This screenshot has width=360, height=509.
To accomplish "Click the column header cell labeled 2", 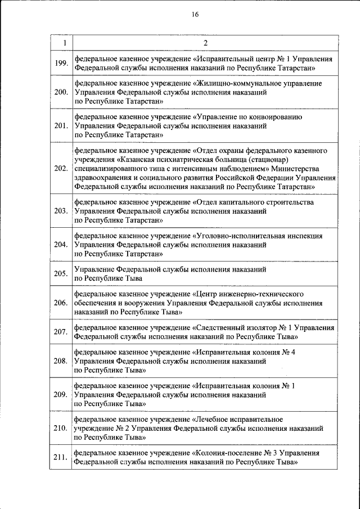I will [205, 43].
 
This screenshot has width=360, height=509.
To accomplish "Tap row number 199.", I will [61, 63].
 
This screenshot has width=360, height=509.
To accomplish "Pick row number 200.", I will [61, 92].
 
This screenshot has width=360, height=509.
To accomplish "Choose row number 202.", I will [61, 168].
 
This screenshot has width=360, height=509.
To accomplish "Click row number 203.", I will [61, 211].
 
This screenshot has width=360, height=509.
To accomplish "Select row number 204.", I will [61, 245].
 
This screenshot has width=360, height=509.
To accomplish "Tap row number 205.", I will [61, 274].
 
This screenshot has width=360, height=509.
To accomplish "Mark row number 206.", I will [61, 303].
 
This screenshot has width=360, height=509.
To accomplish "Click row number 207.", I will [61, 332].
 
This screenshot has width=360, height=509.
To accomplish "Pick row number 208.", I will [61, 361].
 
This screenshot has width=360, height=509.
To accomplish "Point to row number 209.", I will [61, 394].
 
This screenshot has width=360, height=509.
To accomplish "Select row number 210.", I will [61, 428].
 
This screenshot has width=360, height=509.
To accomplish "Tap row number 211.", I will [61, 457].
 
